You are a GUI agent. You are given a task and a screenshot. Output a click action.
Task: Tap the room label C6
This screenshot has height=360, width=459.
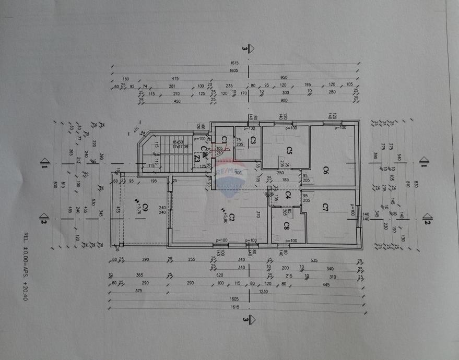[x=325, y=170]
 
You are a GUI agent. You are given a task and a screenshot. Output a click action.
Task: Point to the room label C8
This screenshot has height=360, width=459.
[x=287, y=225]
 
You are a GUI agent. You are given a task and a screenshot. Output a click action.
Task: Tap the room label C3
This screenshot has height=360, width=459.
[x=252, y=140]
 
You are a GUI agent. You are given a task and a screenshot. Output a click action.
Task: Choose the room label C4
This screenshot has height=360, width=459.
[x=288, y=195]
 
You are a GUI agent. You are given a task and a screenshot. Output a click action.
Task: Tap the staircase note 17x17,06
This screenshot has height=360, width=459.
[x=180, y=147]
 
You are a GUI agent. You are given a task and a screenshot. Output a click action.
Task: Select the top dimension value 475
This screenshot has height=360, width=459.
[x=175, y=78]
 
